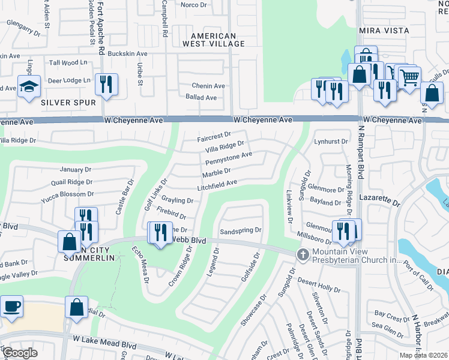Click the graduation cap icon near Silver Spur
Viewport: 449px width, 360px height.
pyautogui.click(x=28, y=86)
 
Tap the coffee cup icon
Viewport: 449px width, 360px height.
pyautogui.click(x=12, y=307)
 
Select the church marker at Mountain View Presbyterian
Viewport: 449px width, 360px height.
pyautogui.click(x=303, y=254)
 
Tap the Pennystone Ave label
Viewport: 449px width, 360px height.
pyautogui.click(x=228, y=158)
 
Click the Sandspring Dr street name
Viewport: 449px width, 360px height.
pyautogui.click(x=241, y=230)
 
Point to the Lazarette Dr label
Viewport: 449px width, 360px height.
pyautogui.click(x=379, y=197)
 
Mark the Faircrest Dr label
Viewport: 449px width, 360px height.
pyautogui.click(x=214, y=137)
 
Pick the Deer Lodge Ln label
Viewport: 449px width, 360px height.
pyautogui.click(x=68, y=80)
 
